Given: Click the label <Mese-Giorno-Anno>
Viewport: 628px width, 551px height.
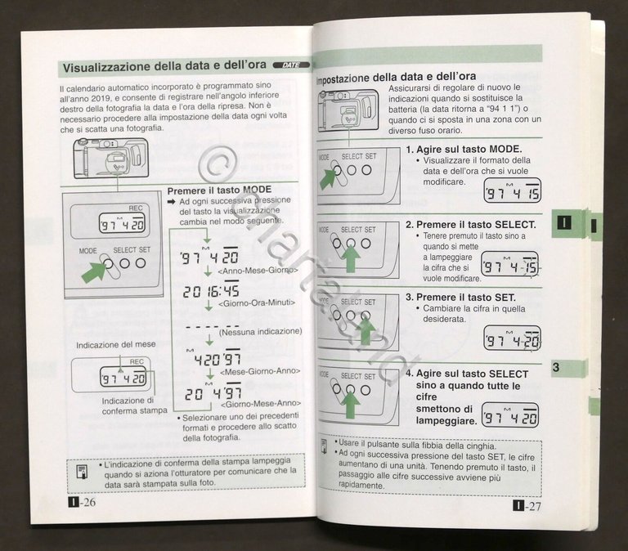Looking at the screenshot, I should click(259, 370).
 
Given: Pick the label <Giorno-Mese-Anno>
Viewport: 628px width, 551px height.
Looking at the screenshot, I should click(259, 404).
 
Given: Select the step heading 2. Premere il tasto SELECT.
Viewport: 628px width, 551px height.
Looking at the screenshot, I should click(471, 224).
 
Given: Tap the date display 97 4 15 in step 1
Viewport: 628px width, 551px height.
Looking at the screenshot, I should click(512, 192).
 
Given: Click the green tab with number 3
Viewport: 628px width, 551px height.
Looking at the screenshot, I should click(564, 368).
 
